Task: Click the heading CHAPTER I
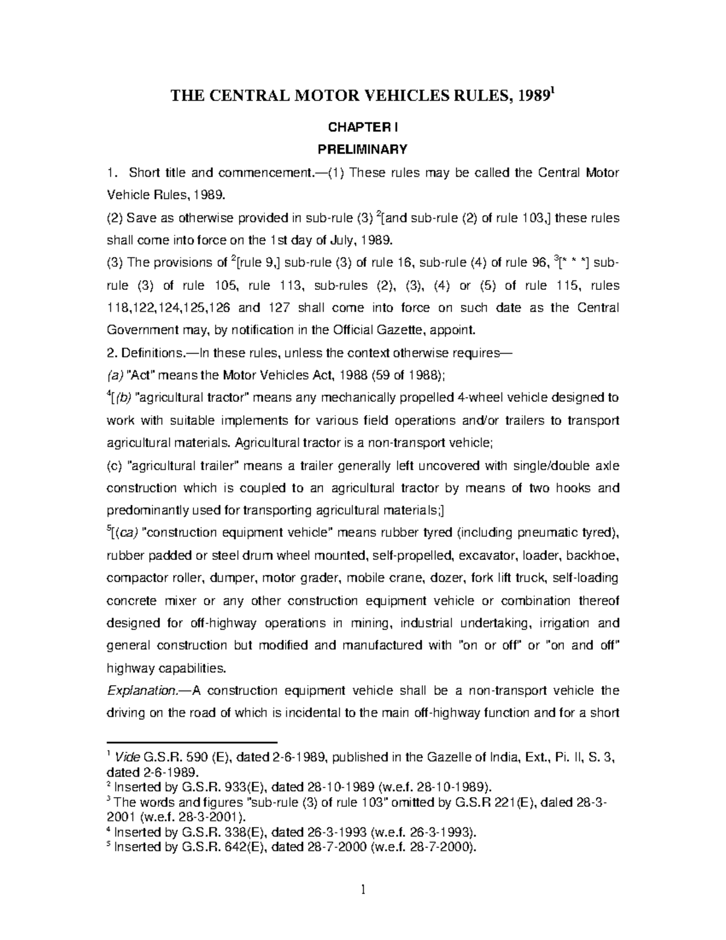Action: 362,127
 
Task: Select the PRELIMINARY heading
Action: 362,149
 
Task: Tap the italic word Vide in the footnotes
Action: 126,757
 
